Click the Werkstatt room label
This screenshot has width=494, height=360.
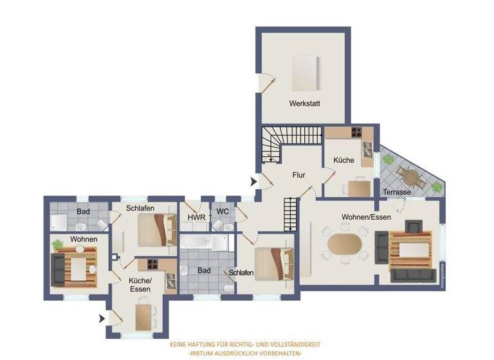[304, 104]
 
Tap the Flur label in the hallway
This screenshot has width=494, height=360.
[298, 175]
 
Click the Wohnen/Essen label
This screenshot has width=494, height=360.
[366, 217]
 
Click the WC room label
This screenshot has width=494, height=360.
[223, 212]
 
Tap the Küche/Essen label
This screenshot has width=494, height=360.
[140, 285]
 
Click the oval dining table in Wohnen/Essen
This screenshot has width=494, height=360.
[345, 244]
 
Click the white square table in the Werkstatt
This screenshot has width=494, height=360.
[304, 73]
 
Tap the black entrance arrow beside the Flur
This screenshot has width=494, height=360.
[253, 183]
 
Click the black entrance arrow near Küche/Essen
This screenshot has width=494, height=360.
[102, 318]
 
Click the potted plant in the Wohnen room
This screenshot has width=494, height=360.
[58, 244]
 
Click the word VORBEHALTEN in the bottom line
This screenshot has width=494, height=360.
[280, 354]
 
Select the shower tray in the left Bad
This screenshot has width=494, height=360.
[59, 222]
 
